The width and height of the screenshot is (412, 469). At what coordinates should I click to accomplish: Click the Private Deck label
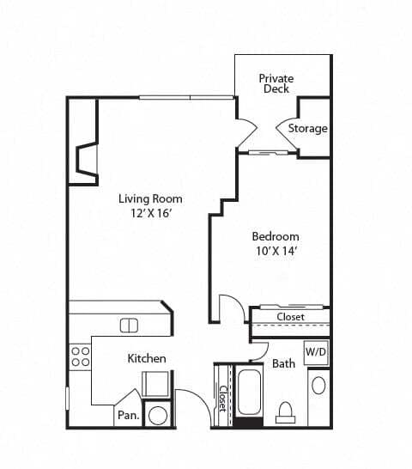click(x=276, y=83)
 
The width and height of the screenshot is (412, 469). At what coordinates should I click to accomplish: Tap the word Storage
click(x=307, y=129)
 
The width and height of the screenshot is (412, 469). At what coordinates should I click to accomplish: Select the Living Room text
click(x=150, y=198)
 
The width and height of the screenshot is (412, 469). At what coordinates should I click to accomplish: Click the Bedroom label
click(x=275, y=236)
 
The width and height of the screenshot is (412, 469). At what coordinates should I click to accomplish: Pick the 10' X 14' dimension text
click(x=275, y=251)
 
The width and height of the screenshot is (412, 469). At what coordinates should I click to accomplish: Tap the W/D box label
click(x=316, y=351)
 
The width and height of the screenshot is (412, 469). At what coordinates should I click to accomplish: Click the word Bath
click(x=283, y=363)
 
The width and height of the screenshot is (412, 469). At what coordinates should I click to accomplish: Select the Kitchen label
click(x=147, y=357)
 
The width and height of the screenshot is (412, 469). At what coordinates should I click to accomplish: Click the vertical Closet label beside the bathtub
click(x=222, y=398)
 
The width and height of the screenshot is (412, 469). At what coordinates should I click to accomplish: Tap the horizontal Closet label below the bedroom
click(x=289, y=317)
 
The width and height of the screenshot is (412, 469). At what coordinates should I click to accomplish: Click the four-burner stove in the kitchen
click(x=80, y=356)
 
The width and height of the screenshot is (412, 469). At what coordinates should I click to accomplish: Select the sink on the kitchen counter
click(x=129, y=325)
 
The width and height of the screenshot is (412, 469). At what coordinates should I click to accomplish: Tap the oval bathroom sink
click(x=318, y=384)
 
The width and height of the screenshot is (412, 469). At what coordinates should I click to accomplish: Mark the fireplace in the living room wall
click(x=87, y=160)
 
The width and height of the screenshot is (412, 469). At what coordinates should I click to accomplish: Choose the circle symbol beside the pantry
click(x=157, y=415)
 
